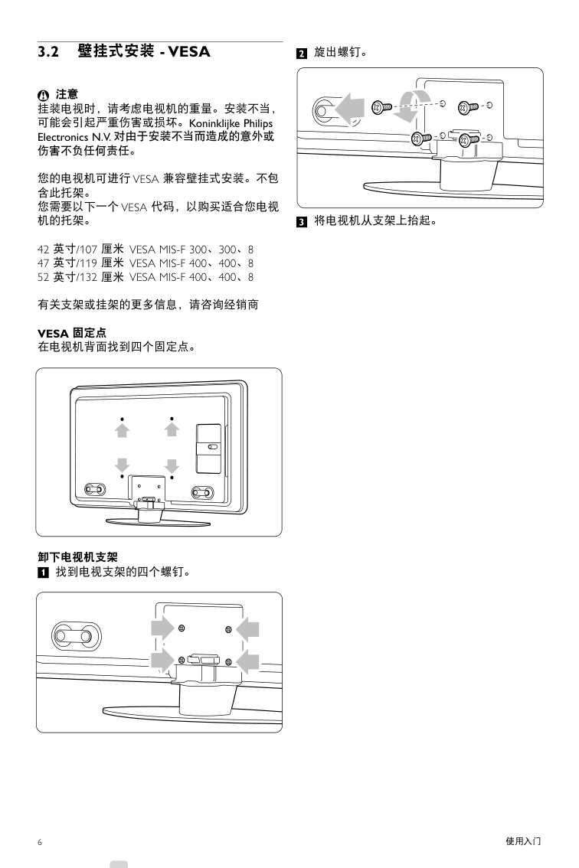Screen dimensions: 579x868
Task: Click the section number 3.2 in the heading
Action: (48, 52)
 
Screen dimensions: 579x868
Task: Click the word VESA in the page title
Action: (189, 52)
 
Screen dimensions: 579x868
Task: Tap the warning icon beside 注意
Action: (44, 95)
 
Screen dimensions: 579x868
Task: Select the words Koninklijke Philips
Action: (231, 123)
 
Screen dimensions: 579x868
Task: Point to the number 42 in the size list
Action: (43, 250)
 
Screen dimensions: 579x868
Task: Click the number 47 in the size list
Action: (43, 263)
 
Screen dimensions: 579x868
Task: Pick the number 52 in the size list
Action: (43, 277)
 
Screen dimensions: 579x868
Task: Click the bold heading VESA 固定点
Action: (72, 333)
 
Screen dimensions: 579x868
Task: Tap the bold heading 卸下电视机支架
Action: (77, 557)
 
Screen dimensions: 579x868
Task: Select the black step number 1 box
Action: (43, 573)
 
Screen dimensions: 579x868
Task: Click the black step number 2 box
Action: (302, 54)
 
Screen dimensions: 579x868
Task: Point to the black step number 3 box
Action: (302, 222)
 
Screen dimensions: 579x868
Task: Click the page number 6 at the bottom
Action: (40, 843)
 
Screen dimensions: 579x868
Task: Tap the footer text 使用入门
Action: (523, 841)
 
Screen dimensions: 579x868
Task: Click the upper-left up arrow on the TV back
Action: (122, 429)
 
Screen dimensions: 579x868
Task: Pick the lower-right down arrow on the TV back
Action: (172, 465)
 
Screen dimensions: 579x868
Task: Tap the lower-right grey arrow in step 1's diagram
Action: (247, 661)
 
